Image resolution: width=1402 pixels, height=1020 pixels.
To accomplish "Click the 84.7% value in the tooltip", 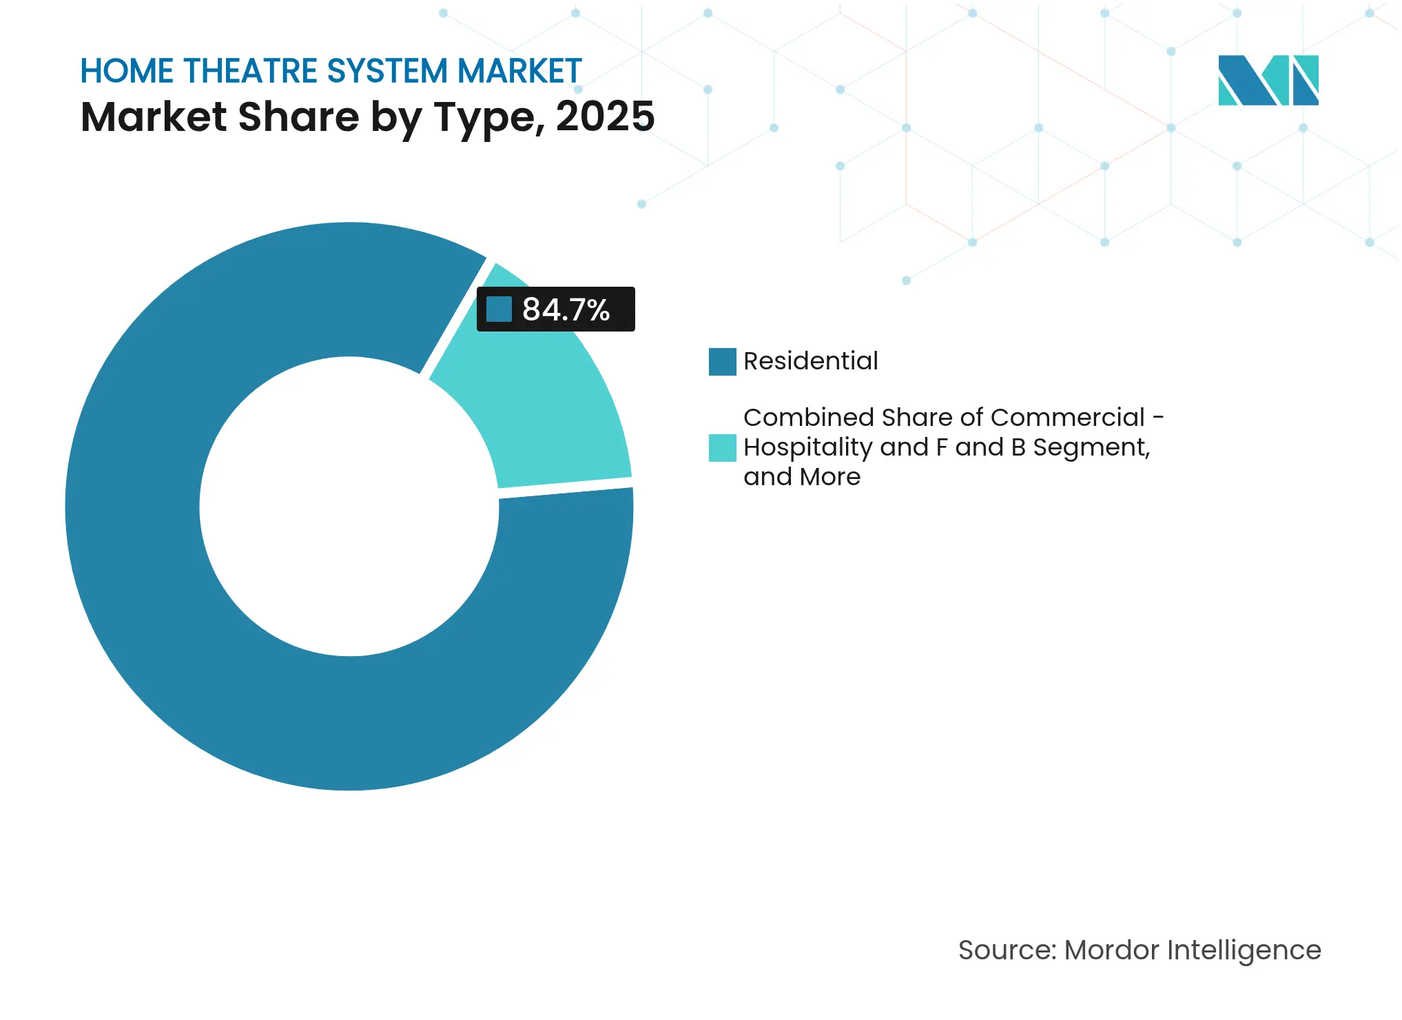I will [566, 309].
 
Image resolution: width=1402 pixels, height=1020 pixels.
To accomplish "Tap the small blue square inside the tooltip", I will [499, 309].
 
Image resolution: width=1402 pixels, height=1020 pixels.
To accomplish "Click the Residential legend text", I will [810, 361].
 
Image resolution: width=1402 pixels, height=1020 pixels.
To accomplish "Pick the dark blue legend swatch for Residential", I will [722, 362].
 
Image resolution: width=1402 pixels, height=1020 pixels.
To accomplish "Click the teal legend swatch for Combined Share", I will [722, 448].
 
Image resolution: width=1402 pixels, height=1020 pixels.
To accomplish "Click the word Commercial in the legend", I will [1067, 418].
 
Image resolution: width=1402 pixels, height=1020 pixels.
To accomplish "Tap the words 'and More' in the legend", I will [802, 477].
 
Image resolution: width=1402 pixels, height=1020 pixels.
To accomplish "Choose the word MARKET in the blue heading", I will [519, 72].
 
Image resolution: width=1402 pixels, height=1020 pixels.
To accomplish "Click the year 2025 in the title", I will [605, 116].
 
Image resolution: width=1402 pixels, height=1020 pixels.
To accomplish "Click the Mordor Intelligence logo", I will [1268, 81].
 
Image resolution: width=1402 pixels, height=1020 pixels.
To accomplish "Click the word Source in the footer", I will [1006, 950].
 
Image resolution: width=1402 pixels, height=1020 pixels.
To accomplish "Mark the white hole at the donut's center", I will [349, 507].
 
